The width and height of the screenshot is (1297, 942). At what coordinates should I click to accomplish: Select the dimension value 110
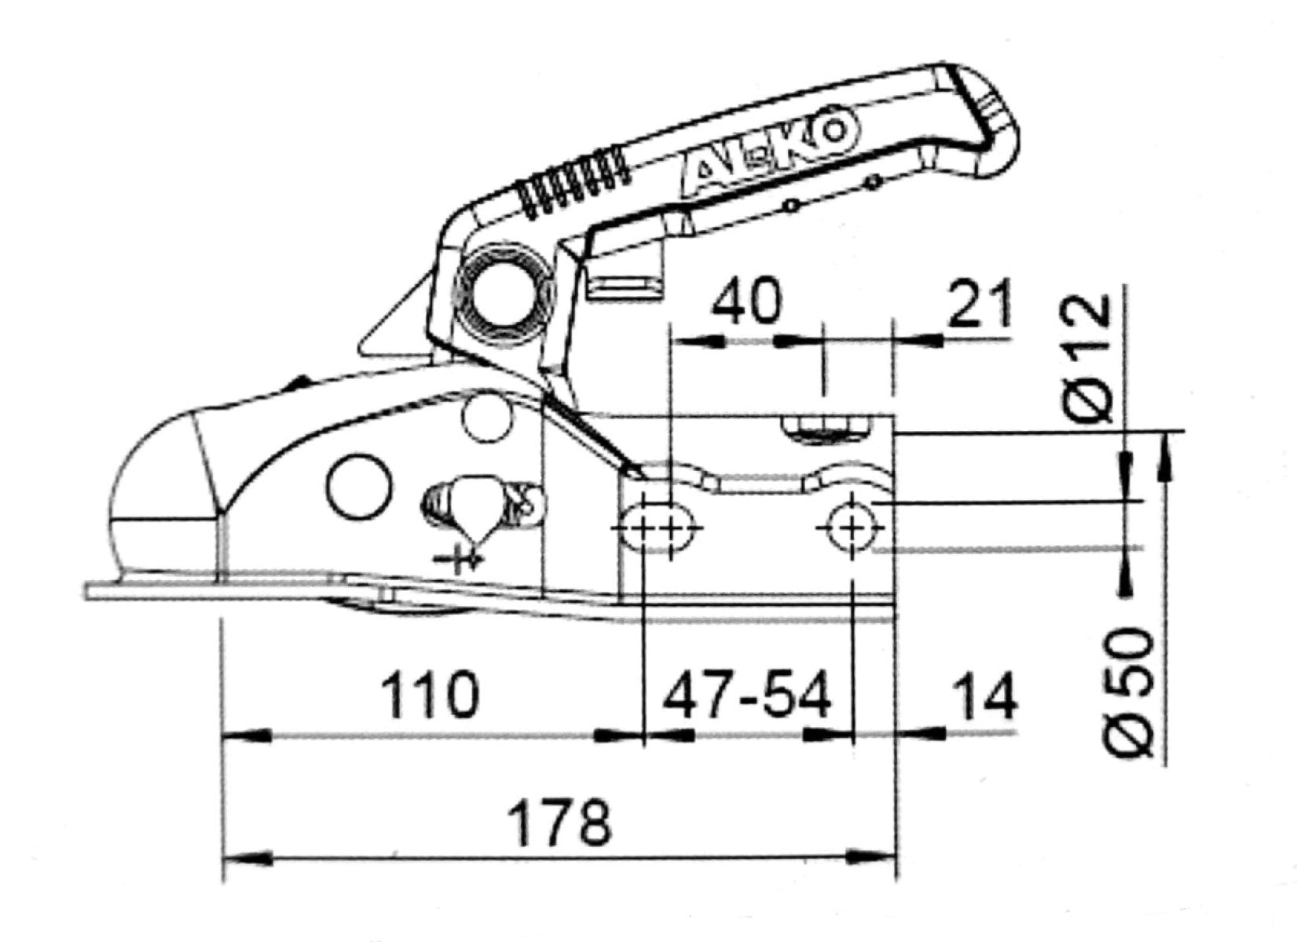(x=431, y=694)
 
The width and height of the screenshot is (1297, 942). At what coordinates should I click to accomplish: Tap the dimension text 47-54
(x=747, y=694)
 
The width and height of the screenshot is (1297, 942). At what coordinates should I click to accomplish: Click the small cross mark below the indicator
(x=459, y=560)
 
